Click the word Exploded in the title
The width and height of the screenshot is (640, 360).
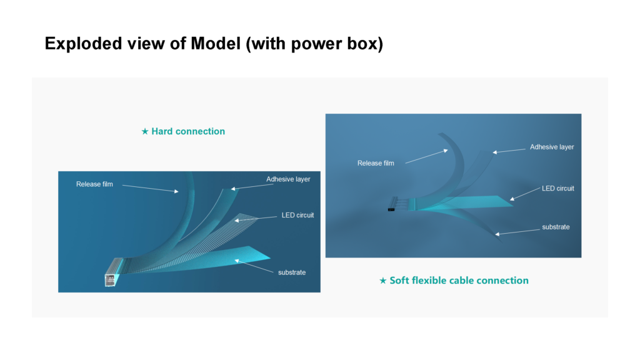coord(83,44)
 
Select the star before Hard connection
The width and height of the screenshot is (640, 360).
coord(145,131)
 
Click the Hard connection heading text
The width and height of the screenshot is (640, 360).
coord(188,131)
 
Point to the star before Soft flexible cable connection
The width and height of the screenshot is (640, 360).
coord(383,281)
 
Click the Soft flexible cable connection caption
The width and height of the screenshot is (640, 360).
coord(459,281)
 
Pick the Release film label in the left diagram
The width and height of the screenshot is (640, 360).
coord(94,184)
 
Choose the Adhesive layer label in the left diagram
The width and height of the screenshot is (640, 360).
coord(288,179)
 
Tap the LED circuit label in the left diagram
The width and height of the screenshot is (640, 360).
coord(297,215)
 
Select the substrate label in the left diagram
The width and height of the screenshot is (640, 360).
coord(292,272)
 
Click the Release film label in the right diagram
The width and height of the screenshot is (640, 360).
coord(376,163)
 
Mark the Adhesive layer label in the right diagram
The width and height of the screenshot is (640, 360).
coord(552,147)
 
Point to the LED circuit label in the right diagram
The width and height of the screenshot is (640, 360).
coord(558,188)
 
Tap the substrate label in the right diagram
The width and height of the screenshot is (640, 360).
coord(556,227)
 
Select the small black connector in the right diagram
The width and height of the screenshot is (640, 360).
coord(391,209)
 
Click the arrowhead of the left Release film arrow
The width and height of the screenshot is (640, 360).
coord(177,191)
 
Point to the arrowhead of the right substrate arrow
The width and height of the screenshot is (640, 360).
coord(497,234)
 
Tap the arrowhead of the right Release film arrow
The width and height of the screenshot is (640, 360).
coord(446,151)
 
